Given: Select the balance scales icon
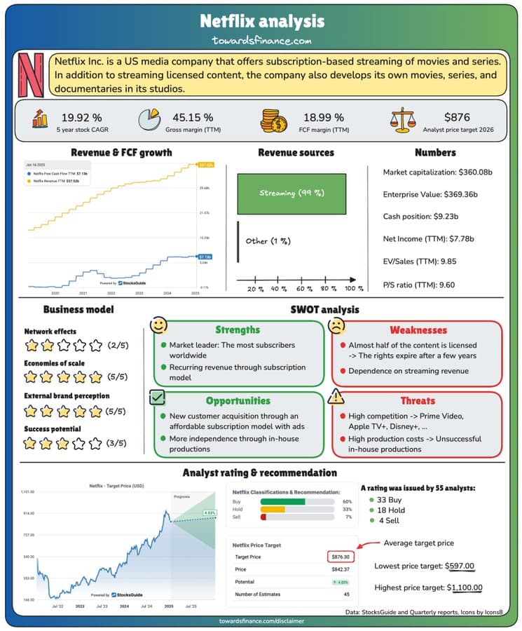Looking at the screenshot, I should [x=403, y=120].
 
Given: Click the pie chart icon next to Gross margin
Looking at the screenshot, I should [x=150, y=120].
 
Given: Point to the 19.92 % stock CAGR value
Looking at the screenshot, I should [x=81, y=116].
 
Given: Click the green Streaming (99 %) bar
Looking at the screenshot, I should [x=292, y=193].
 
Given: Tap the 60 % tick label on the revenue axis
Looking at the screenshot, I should [x=304, y=288].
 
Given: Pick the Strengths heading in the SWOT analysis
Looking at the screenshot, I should [x=238, y=330].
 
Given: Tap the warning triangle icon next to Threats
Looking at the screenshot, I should [x=337, y=397].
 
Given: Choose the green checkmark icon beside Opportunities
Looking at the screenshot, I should [x=158, y=398].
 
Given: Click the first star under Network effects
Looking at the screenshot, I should [x=32, y=345].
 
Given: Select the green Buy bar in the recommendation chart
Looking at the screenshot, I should [x=283, y=501].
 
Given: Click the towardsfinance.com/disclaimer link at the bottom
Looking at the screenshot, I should [x=260, y=621].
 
